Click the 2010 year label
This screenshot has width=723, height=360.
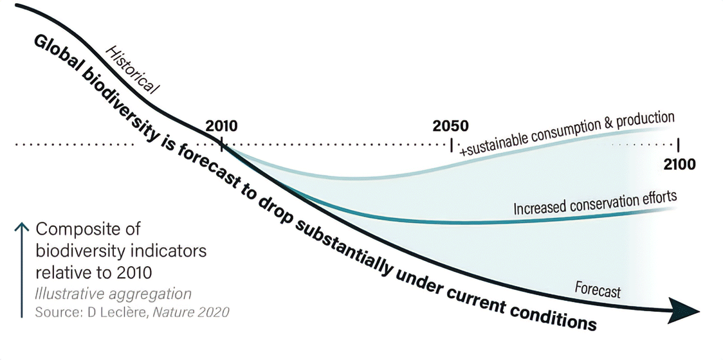tap(221, 125)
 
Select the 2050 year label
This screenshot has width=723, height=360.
tap(450, 125)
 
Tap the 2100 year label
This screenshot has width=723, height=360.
tap(679, 164)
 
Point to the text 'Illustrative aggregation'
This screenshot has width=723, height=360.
tap(113, 294)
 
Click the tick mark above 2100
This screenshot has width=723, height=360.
tap(679, 142)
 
